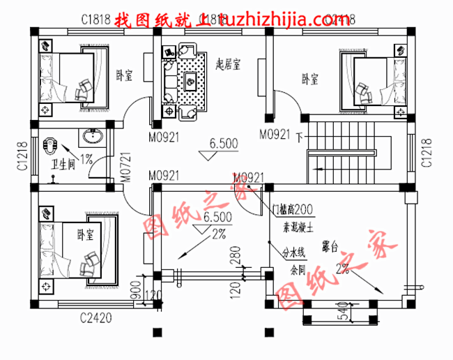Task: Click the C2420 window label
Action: [x=96, y=319]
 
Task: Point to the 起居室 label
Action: [x=227, y=65]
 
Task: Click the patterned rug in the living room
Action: [x=190, y=81]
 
